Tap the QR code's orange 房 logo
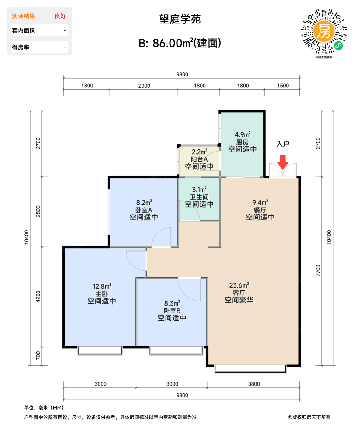[324, 31]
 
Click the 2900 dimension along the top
[144, 86]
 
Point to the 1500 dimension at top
[283, 86]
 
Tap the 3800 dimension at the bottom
[254, 384]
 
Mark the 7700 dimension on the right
[318, 271]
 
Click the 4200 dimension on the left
[38, 296]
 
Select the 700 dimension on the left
[38, 355]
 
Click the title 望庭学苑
[180, 19]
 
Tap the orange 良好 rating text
[60, 16]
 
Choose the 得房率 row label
[21, 47]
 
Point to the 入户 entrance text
[283, 144]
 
